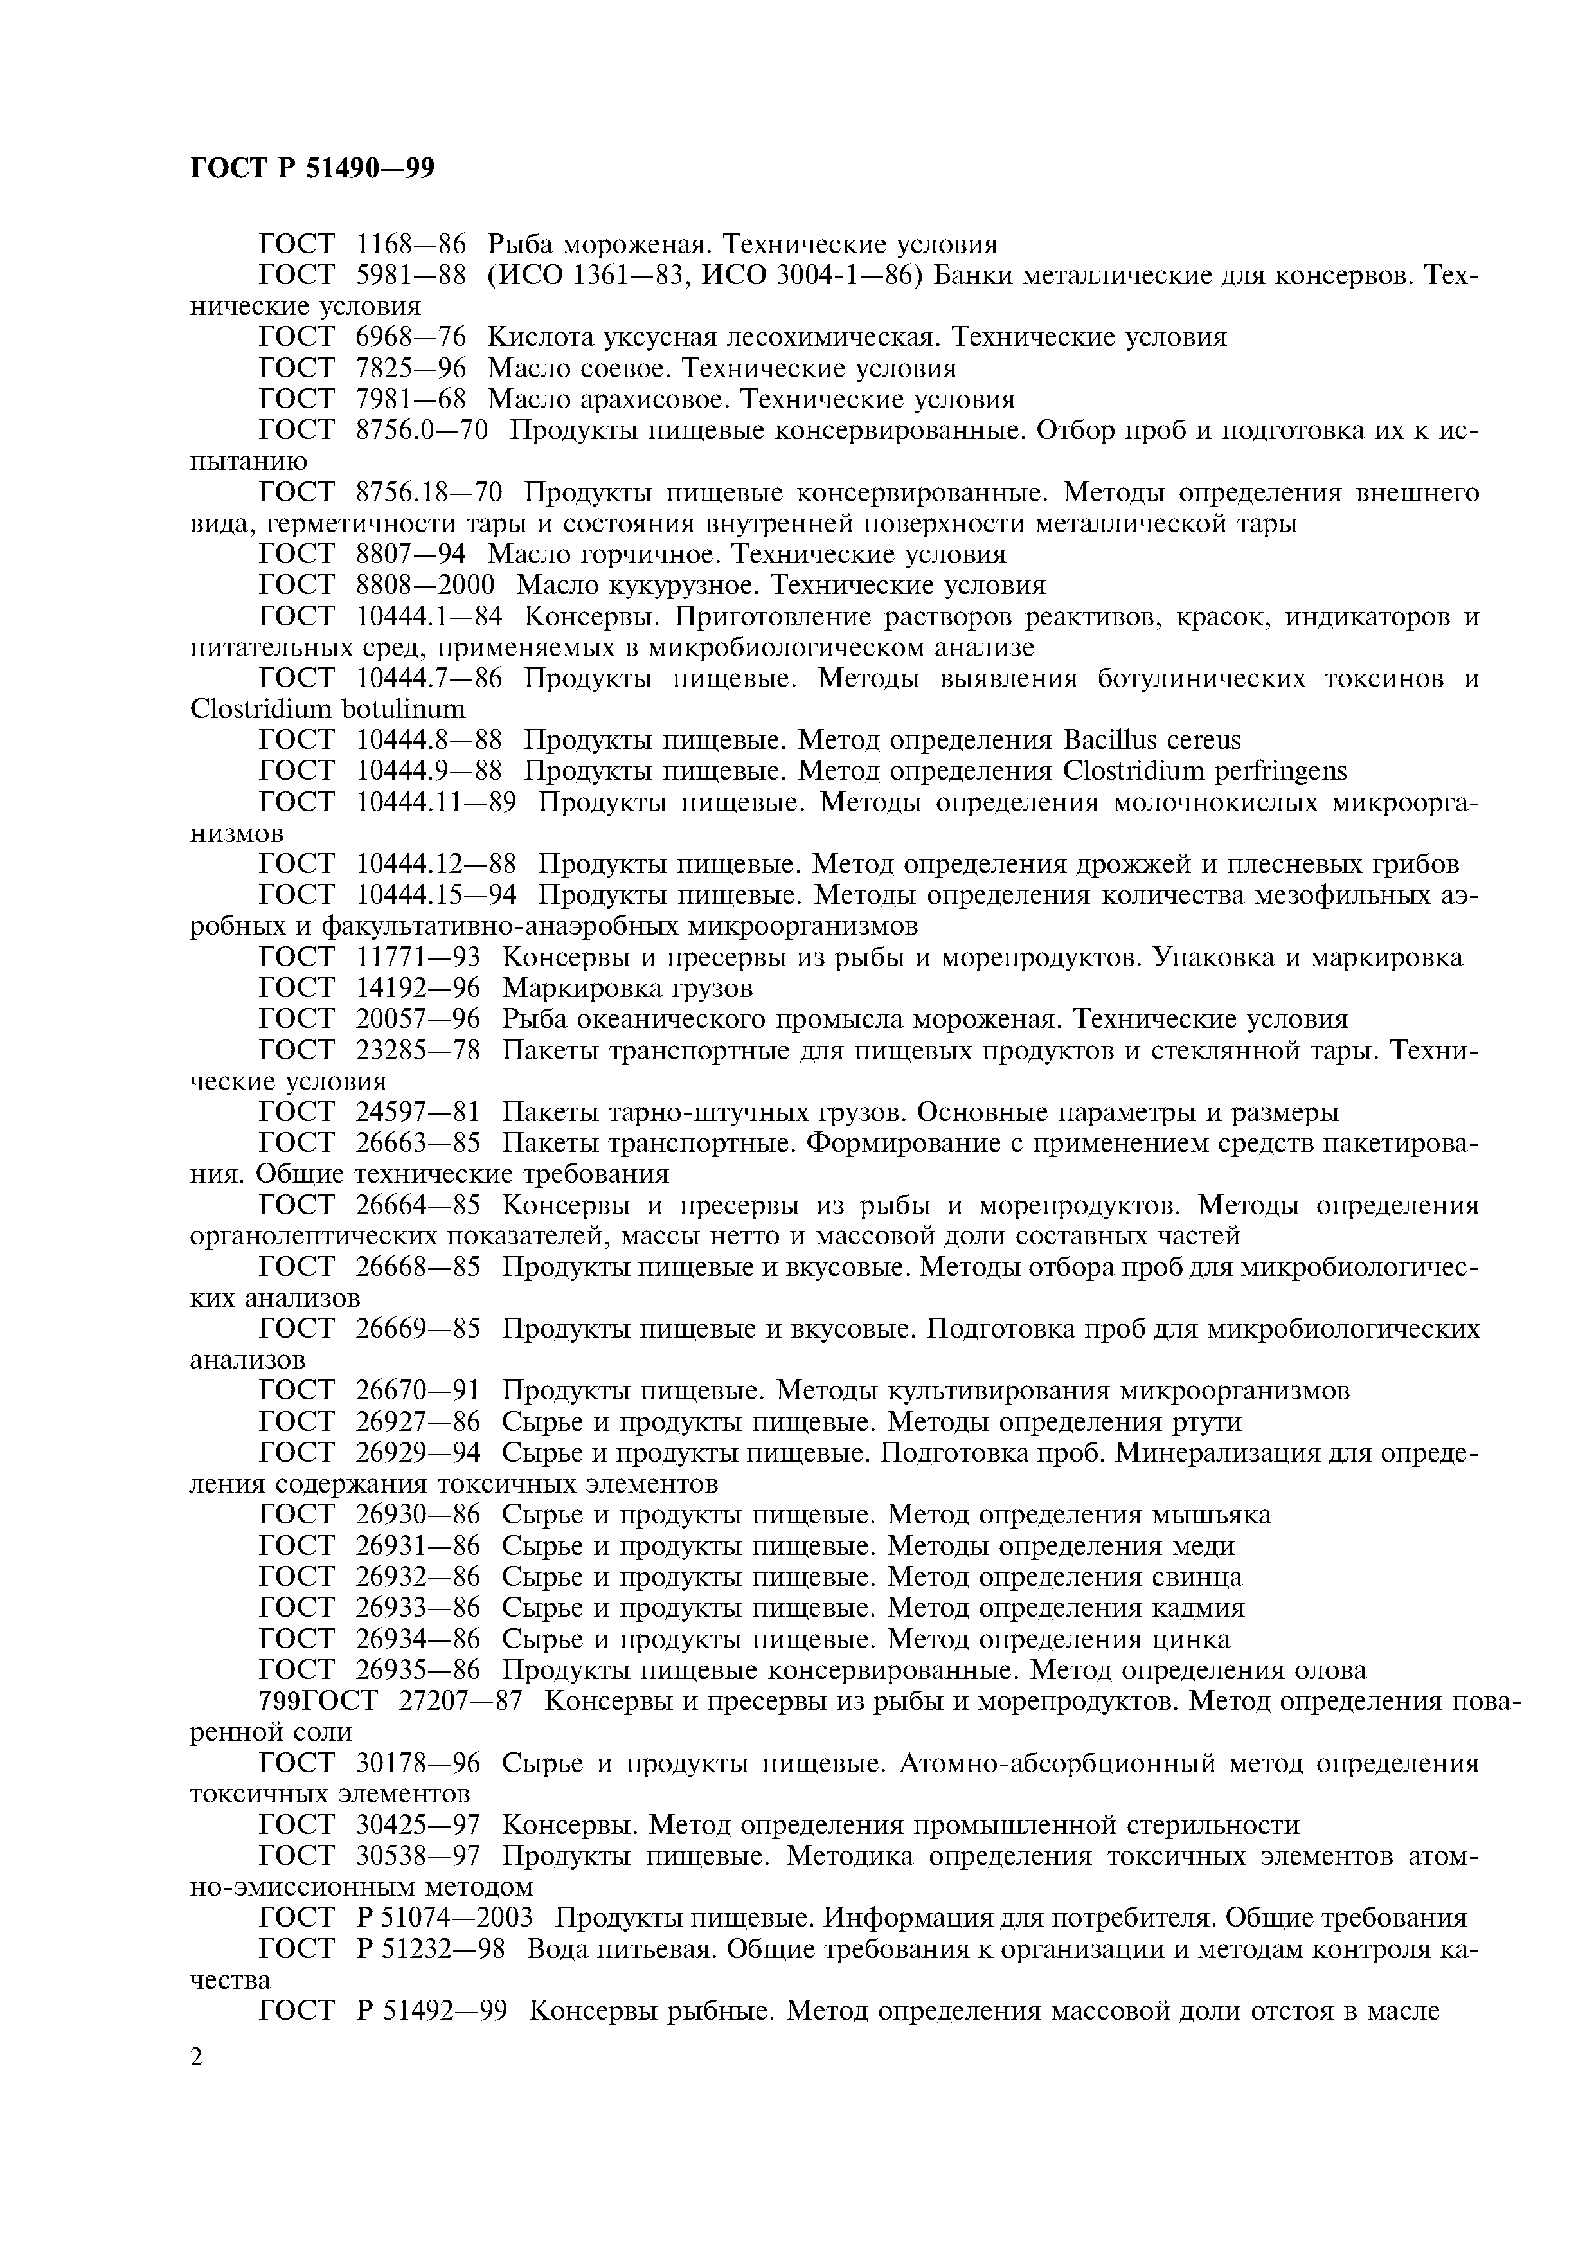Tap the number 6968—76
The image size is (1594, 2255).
click(411, 338)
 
